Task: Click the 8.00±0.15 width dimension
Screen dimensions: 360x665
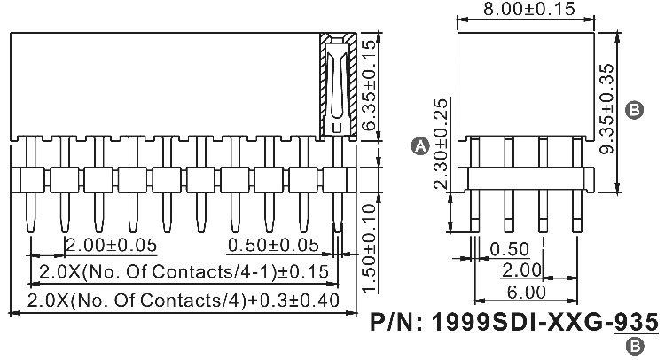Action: coord(527,10)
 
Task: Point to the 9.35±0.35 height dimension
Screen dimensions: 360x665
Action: coord(606,109)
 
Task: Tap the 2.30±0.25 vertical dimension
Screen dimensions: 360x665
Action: coord(441,144)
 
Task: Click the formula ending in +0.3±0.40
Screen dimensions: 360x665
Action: coord(184,300)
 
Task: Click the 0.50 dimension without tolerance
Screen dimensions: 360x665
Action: coord(509,248)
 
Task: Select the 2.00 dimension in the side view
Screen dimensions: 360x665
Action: coord(522,270)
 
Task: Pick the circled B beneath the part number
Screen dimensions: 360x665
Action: coord(635,347)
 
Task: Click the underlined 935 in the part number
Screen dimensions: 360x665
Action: coord(638,322)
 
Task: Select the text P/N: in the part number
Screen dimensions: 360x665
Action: coord(400,322)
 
